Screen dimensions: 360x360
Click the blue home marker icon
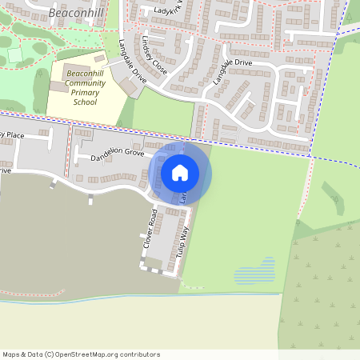(x=180, y=172)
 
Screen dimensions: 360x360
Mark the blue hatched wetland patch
(x=254, y=271)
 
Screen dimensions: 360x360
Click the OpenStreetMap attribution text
(x=81, y=354)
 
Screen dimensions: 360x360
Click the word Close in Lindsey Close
(x=158, y=66)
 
